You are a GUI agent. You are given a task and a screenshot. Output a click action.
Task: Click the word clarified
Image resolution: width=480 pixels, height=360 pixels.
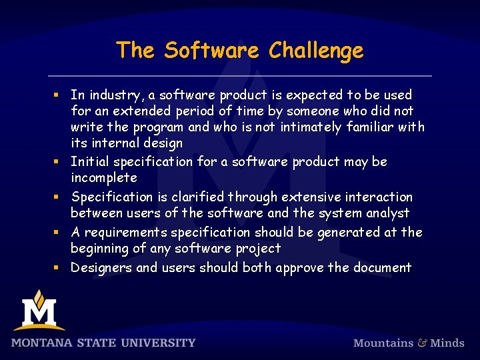pos(198,197)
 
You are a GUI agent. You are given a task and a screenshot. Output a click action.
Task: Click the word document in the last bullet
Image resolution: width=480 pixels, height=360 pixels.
pos(382,268)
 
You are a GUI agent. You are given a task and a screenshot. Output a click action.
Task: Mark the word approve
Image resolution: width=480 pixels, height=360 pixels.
pos(303,268)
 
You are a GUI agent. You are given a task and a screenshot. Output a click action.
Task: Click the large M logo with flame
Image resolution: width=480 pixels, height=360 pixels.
pos(39,311)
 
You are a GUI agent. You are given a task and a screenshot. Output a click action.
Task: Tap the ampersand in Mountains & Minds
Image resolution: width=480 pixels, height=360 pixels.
pos(422,343)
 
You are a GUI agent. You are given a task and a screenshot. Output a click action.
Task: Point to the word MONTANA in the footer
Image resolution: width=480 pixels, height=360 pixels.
pos(38,343)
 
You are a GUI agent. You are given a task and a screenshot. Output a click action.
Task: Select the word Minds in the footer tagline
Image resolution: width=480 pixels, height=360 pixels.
pos(447,343)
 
